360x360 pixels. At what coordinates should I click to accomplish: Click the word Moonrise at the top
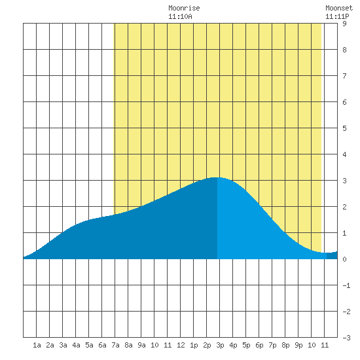(x=184, y=8)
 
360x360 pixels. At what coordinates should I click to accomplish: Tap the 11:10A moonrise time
(x=180, y=16)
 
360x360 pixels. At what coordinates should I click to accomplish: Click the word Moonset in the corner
(x=339, y=8)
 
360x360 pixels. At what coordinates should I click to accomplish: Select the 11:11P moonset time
(x=337, y=16)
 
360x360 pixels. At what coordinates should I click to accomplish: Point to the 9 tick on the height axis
(x=344, y=24)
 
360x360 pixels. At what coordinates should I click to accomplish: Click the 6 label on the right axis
(x=344, y=102)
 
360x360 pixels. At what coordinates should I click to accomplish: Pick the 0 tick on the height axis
(x=344, y=259)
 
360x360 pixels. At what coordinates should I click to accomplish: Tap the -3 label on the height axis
(x=346, y=338)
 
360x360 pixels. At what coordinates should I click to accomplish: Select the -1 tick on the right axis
(x=346, y=285)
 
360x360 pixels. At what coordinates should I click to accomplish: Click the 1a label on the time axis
(x=37, y=345)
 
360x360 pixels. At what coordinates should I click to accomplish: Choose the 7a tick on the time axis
(x=115, y=345)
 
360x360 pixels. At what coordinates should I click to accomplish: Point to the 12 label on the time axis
(x=181, y=345)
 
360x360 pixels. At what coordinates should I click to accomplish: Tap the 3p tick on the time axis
(x=220, y=345)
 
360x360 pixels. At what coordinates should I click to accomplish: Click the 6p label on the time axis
(x=259, y=345)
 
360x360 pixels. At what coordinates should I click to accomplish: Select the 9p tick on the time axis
(x=298, y=345)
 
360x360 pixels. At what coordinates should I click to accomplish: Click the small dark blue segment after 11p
(x=332, y=255)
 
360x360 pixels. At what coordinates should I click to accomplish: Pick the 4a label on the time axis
(x=76, y=345)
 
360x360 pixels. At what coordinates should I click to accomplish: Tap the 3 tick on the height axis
(x=344, y=181)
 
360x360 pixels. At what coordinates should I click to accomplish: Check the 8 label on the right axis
(x=344, y=50)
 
